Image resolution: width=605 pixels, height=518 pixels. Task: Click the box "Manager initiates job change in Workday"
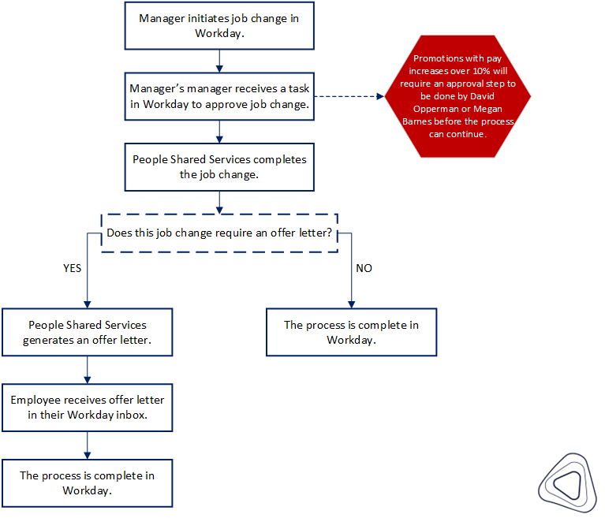[x=219, y=26]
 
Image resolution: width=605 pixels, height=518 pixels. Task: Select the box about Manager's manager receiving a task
[x=219, y=96]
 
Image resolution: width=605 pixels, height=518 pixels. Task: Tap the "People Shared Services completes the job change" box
[x=219, y=166]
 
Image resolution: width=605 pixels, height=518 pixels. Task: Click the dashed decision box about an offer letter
[x=219, y=233]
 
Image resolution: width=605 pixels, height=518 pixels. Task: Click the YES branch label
[x=72, y=268]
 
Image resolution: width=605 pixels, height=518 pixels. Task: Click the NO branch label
[x=364, y=268]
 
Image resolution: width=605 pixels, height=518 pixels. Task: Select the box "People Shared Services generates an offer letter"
[x=87, y=333]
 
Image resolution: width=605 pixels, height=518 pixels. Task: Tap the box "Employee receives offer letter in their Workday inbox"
[x=87, y=408]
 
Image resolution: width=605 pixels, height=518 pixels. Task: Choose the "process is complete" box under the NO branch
[x=351, y=333]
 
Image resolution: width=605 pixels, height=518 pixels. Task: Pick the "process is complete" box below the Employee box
[x=87, y=483]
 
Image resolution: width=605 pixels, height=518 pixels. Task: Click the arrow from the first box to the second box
[x=219, y=61]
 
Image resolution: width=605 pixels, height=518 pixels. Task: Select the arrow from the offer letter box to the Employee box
[x=87, y=370]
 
